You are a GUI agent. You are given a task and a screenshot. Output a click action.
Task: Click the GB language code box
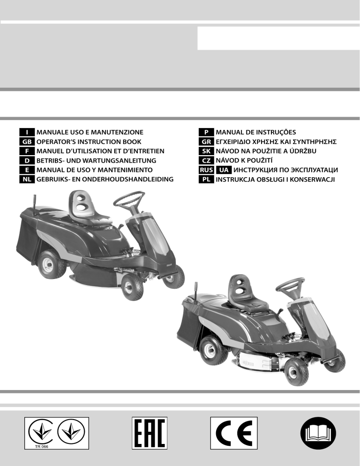click(x=27, y=142)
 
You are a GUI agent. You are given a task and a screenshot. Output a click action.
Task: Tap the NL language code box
click(x=27, y=179)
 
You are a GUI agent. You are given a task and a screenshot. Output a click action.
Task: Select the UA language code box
click(x=224, y=170)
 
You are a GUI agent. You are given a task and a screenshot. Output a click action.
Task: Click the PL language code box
click(x=206, y=179)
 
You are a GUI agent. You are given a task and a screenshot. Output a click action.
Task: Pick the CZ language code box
click(x=206, y=160)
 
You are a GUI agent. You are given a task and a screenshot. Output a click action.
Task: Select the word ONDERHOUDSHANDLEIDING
click(x=128, y=179)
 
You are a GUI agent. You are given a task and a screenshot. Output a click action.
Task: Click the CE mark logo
click(x=234, y=433)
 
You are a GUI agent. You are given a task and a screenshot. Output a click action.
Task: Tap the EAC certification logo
click(x=150, y=433)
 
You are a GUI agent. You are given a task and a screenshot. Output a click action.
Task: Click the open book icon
click(x=318, y=433)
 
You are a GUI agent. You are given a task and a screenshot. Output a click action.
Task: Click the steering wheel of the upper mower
click(x=129, y=199)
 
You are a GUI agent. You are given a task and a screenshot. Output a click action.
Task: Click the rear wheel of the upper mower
click(x=52, y=265)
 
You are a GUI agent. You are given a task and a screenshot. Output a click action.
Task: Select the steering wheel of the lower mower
click(x=290, y=286)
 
